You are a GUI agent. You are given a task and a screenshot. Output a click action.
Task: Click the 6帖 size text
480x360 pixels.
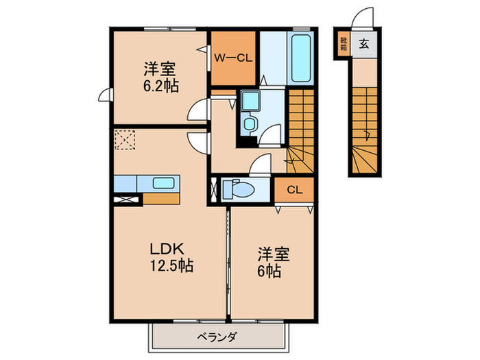tap(269, 269)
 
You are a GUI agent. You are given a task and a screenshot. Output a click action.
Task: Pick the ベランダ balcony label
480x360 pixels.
tap(217, 337)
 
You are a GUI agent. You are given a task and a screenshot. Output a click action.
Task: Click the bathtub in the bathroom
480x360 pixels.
tap(300, 57)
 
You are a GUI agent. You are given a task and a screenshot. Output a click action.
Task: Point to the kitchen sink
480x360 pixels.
tap(163, 183)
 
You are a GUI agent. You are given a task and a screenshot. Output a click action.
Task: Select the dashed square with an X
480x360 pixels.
tap(125, 141)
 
